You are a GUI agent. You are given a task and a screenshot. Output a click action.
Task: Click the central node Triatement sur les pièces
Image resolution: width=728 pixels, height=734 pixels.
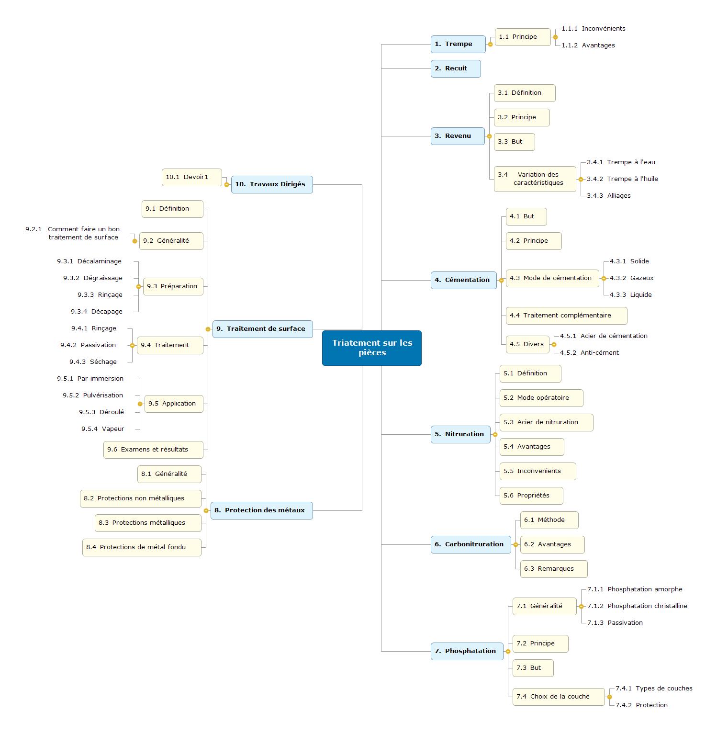372,348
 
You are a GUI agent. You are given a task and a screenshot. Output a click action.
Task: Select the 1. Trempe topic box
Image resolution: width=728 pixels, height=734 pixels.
458,44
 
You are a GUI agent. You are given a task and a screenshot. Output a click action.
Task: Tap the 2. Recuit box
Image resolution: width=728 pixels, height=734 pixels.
456,68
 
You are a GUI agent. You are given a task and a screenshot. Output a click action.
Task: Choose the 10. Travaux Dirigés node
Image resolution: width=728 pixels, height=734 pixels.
272,184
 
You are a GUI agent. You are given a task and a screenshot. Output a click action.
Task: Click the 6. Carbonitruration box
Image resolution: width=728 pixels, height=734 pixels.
471,544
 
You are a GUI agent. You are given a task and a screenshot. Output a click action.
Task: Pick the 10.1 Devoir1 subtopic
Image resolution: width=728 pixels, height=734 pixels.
192,177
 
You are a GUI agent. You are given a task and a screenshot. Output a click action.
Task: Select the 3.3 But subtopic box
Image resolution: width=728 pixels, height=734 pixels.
515,142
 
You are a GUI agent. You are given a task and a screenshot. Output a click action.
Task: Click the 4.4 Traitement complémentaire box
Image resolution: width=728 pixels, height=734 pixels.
566,316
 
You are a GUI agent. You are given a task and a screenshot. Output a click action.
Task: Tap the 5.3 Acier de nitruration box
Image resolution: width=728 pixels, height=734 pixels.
546,422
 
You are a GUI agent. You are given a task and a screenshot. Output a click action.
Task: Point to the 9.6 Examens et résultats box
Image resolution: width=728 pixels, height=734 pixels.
153,450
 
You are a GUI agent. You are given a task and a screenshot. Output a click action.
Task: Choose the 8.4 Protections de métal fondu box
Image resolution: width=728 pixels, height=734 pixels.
142,547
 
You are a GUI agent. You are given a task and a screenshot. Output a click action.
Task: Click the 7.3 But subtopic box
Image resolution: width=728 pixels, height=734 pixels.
533,668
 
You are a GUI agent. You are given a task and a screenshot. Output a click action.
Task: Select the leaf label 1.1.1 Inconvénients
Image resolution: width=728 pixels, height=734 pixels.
594,29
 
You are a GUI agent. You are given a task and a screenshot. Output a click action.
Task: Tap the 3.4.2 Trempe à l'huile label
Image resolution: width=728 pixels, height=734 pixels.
622,179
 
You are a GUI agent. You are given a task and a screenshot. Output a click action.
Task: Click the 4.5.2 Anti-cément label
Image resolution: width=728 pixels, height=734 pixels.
589,353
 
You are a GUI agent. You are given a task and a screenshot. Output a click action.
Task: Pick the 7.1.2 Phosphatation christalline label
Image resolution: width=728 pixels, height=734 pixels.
637,606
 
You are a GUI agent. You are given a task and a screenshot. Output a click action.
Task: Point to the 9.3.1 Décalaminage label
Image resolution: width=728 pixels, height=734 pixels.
89,261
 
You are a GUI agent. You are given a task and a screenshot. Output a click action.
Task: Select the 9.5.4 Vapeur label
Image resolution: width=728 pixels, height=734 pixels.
103,429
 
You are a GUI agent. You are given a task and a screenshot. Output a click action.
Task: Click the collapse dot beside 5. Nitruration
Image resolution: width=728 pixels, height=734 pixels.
495,435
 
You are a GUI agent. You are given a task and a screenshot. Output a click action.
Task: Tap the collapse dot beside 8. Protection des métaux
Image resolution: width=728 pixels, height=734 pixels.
206,511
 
